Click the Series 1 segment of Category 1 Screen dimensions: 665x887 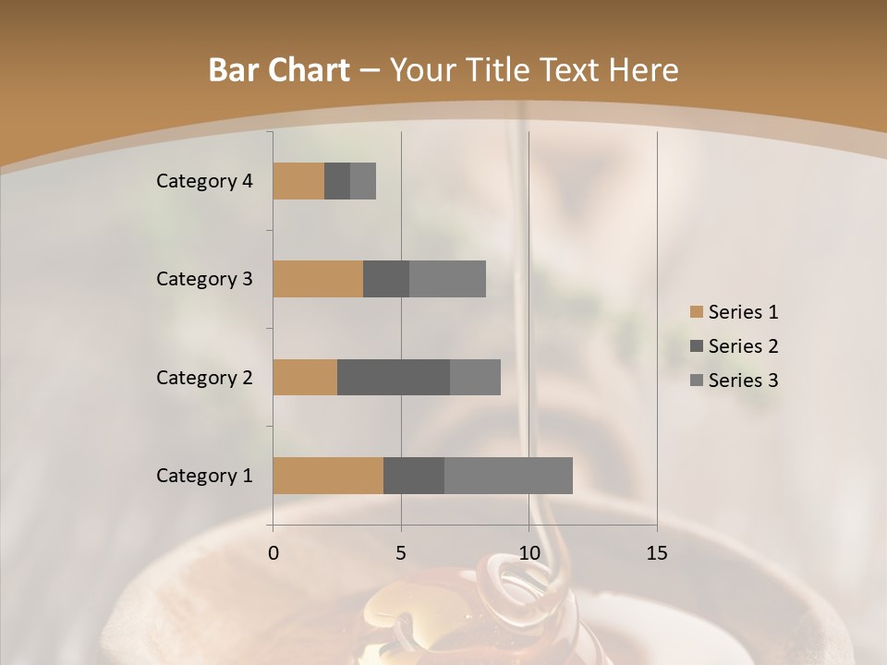328,476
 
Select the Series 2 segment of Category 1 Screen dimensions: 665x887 414,476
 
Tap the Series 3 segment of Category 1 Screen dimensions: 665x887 508,476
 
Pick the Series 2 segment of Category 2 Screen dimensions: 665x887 394,377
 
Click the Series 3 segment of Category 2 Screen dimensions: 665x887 475,377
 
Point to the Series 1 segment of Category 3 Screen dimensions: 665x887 318,279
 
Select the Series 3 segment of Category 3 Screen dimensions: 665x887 447,279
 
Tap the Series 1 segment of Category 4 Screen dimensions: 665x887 298,181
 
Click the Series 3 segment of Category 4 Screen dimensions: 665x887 363,181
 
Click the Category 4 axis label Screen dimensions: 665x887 204,181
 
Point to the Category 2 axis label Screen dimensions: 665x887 204,377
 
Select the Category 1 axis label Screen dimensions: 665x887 204,476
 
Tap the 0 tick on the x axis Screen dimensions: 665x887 273,553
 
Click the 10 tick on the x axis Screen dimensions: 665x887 529,553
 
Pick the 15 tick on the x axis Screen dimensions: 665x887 656,553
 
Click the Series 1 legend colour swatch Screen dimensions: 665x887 697,312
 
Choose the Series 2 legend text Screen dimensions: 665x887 743,346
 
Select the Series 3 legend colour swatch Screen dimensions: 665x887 697,381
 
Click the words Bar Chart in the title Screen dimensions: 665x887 279,70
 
